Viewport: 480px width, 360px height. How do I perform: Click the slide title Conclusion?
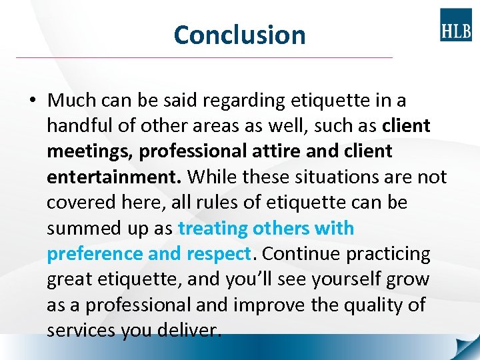point(239,35)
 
